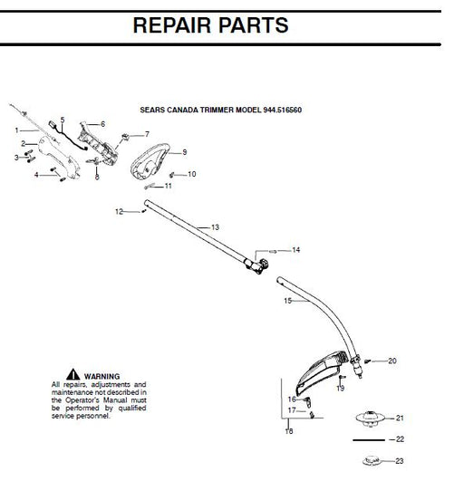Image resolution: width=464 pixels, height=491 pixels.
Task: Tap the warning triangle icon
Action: pos(72,375)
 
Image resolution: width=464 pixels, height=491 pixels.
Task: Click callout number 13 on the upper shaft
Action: pos(215,226)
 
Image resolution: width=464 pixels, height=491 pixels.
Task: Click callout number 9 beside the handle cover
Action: pos(184,152)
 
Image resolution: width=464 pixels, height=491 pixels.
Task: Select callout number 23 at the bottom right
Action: pos(399,461)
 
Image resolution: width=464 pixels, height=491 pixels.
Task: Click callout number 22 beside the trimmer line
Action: pos(399,439)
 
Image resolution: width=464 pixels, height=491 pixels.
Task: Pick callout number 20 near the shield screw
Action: pos(391,361)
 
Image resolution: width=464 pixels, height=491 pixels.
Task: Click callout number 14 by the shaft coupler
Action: pos(295,249)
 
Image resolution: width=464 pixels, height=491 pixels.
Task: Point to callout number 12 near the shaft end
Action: pos(118,211)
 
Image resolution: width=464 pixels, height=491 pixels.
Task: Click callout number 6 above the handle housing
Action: pos(101,123)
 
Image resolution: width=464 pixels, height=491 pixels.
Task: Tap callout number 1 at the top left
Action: pos(16,130)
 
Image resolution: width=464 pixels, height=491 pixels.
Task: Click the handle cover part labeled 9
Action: pos(150,166)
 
